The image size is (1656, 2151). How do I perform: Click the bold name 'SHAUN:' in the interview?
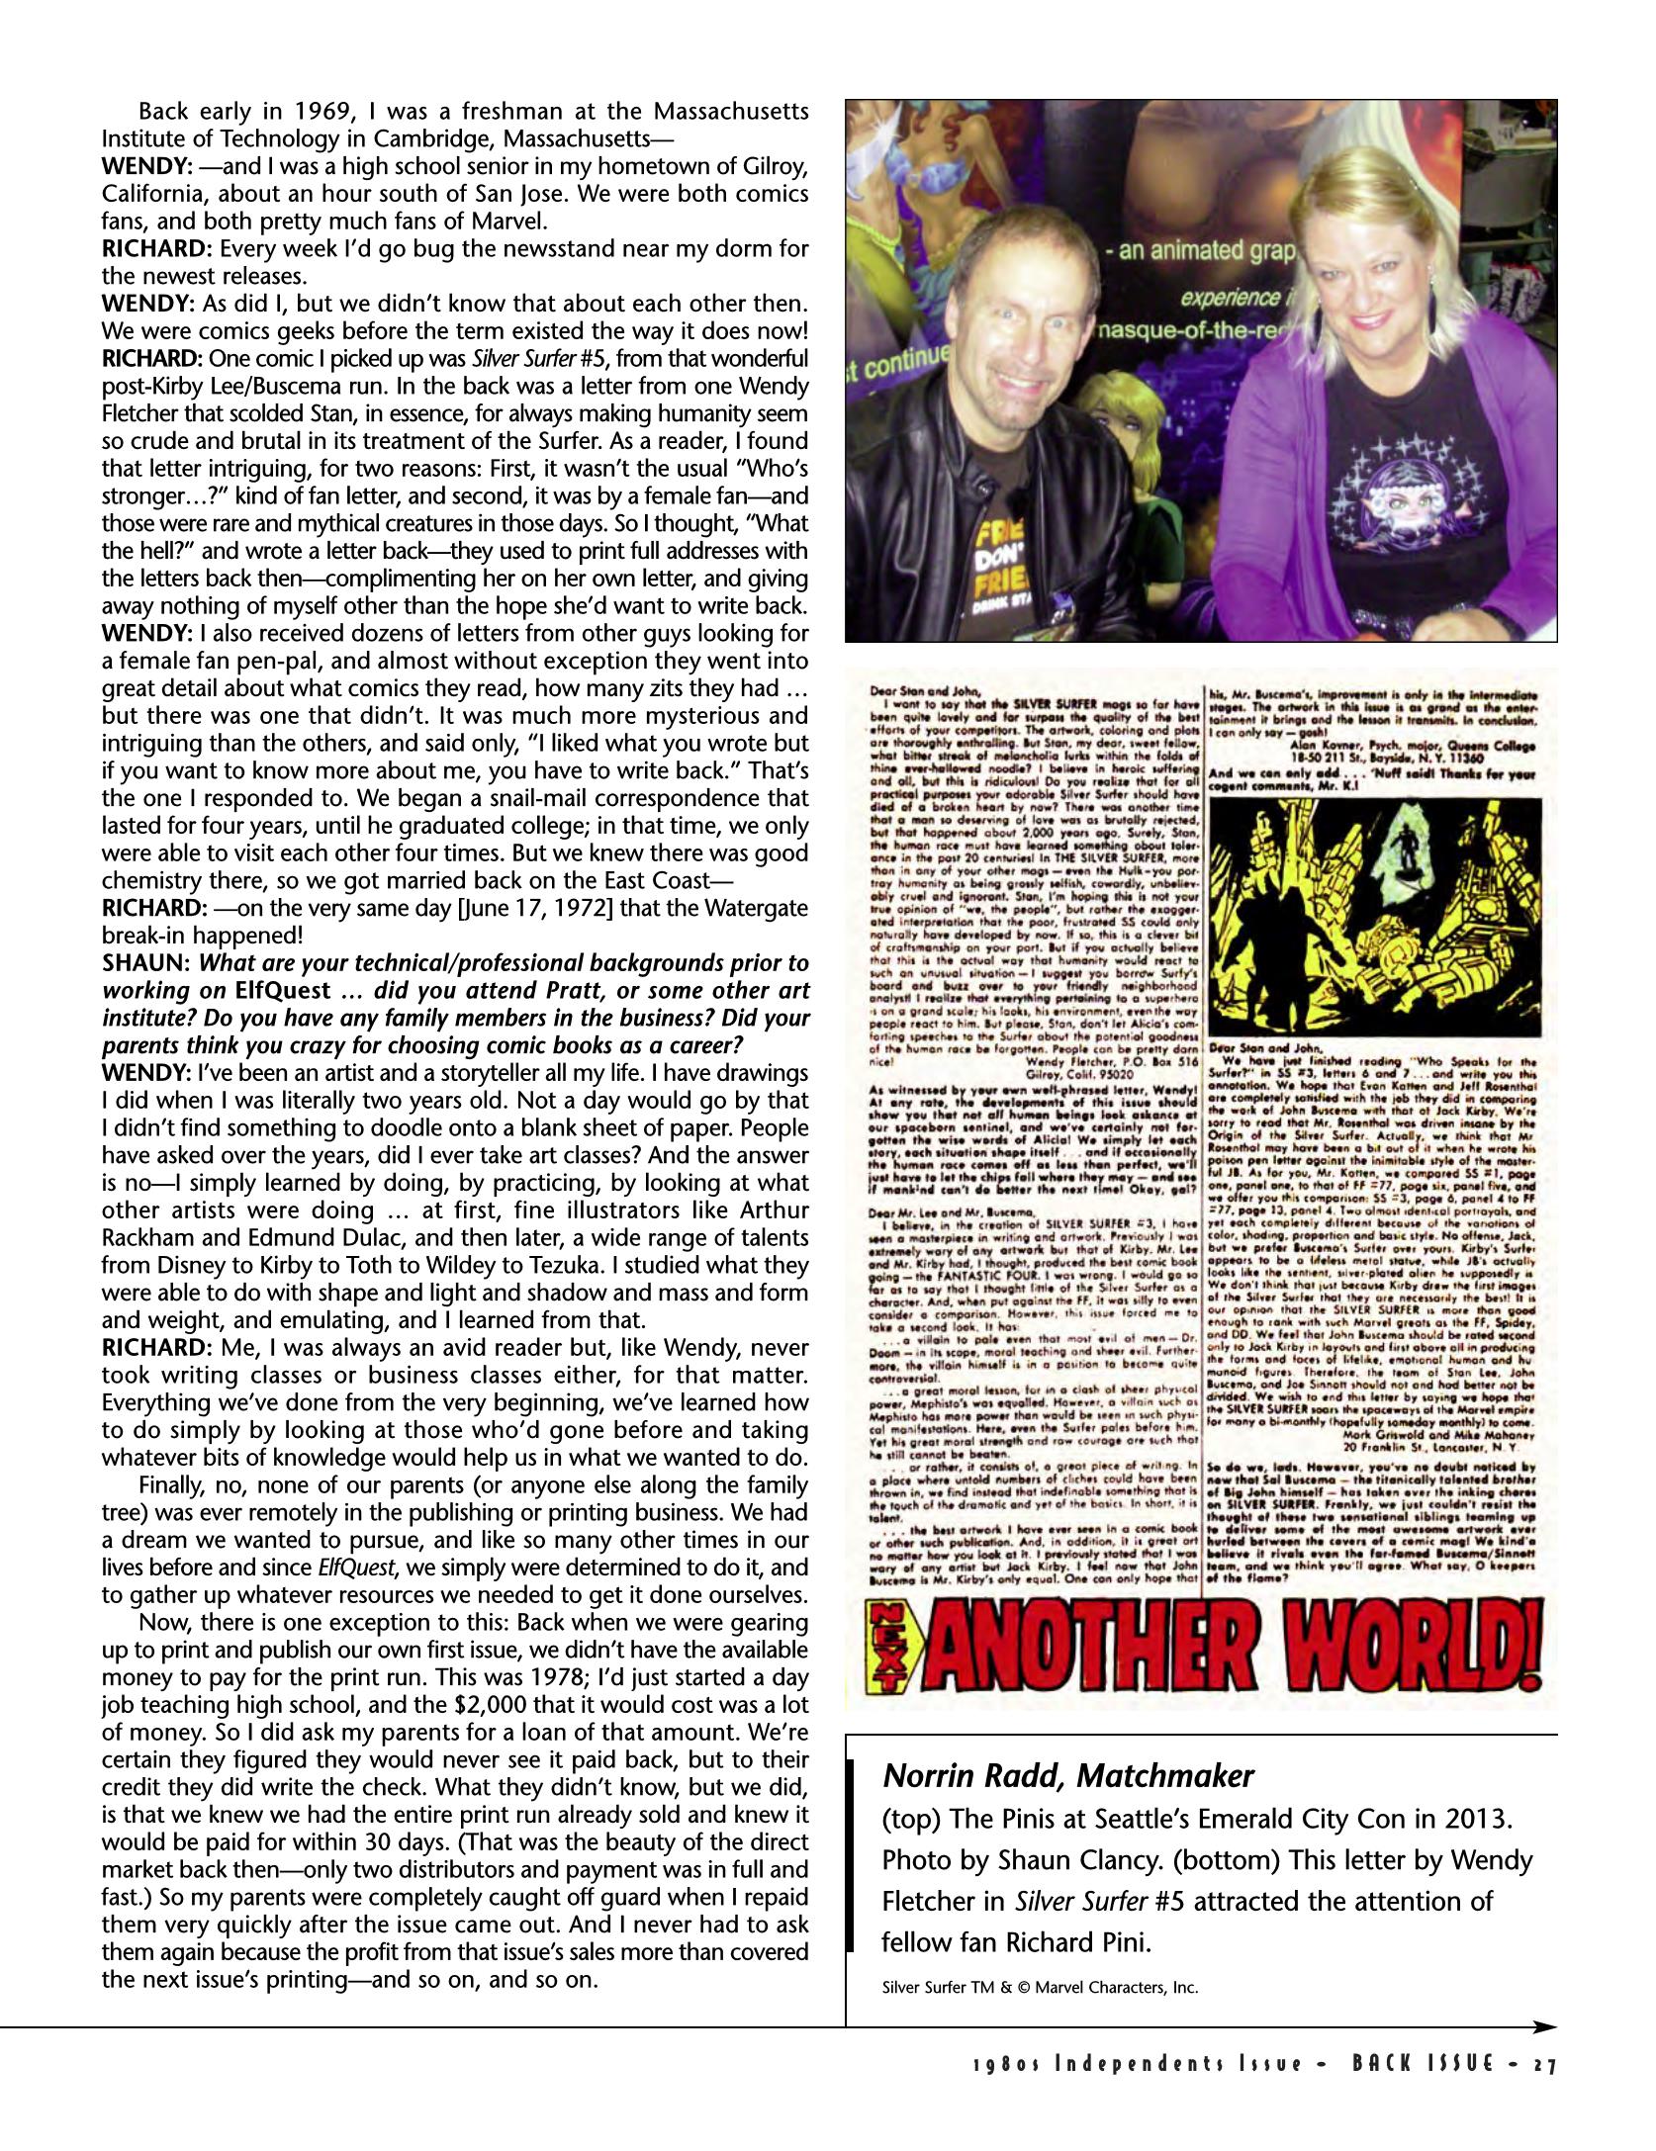[146, 963]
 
